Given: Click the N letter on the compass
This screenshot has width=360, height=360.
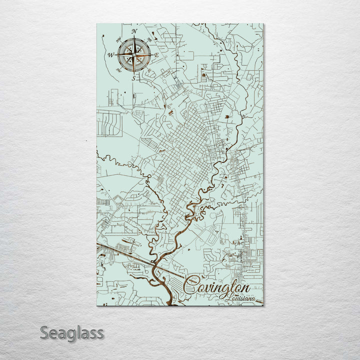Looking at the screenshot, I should (x=134, y=31).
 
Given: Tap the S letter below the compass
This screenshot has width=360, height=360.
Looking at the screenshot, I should (x=133, y=78).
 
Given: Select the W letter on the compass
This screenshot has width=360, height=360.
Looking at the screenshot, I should (x=110, y=55).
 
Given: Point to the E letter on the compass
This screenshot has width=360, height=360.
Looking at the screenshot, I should (x=156, y=54).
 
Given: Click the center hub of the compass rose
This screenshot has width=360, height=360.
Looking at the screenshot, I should (x=133, y=54).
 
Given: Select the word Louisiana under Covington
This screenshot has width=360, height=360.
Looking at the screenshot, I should (x=239, y=299).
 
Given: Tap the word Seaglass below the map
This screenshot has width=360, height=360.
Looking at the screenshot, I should (x=72, y=332).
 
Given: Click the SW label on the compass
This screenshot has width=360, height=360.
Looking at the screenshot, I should (x=118, y=70).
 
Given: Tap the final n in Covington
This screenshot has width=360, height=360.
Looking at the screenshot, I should (x=246, y=288).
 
